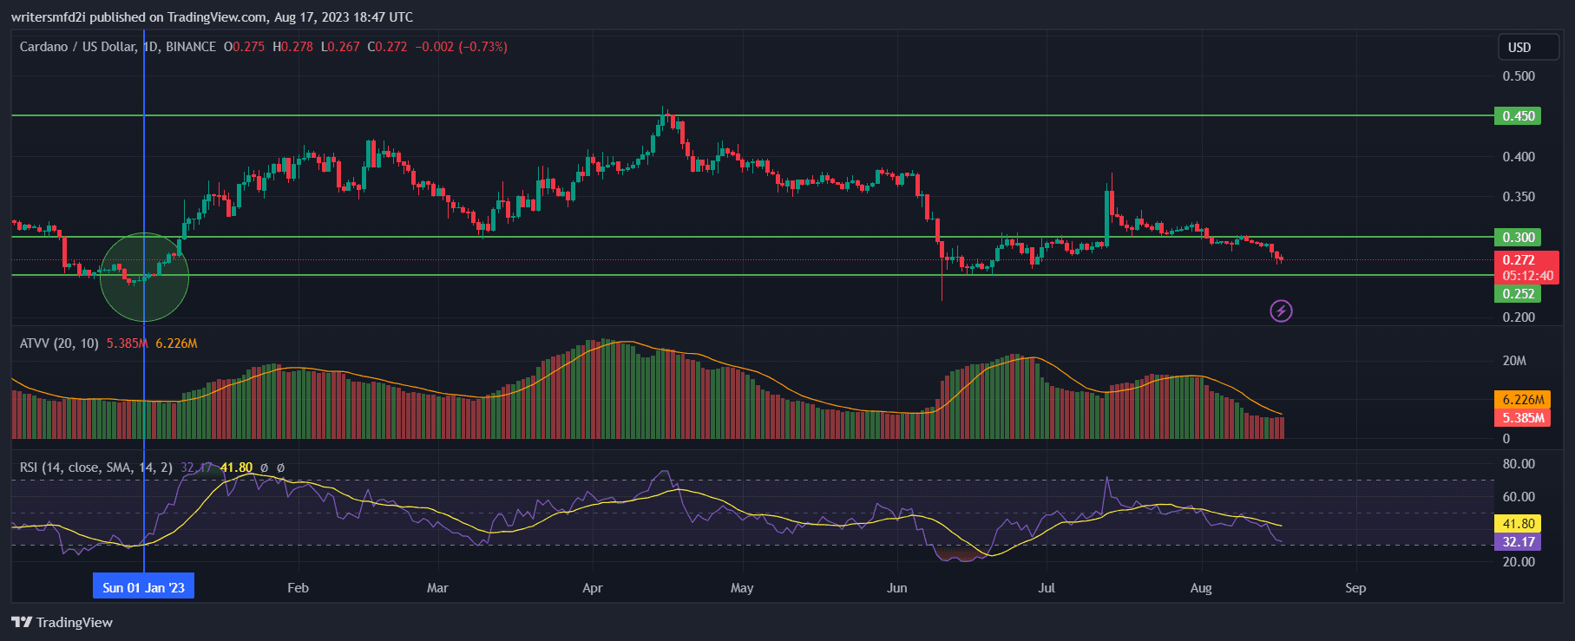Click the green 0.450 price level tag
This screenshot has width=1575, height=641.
pyautogui.click(x=1517, y=116)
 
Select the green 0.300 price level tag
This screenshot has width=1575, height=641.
pyautogui.click(x=1517, y=238)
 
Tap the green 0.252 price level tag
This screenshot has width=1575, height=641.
pyautogui.click(x=1517, y=294)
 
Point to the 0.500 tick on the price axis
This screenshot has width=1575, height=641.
pyautogui.click(x=1519, y=76)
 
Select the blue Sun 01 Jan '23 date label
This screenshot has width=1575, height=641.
pyautogui.click(x=144, y=588)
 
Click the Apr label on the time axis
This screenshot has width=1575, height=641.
pyautogui.click(x=592, y=588)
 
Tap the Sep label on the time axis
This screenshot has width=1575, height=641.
pyautogui.click(x=1355, y=588)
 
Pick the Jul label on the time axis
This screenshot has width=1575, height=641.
pyautogui.click(x=1047, y=588)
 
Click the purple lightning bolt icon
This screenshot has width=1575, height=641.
pyautogui.click(x=1281, y=311)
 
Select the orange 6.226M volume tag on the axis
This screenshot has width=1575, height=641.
pyautogui.click(x=1523, y=400)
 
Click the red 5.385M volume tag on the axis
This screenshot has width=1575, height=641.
pyautogui.click(x=1523, y=418)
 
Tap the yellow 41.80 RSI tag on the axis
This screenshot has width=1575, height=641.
pyautogui.click(x=1519, y=524)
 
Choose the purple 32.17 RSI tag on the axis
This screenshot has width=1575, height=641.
pyautogui.click(x=1519, y=542)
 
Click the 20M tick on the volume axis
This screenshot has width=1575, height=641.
pyautogui.click(x=1514, y=361)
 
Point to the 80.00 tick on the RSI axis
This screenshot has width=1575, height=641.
pyautogui.click(x=1519, y=464)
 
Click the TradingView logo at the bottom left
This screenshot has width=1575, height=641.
pyautogui.click(x=62, y=623)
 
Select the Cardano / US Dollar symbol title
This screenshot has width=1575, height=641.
pyautogui.click(x=77, y=47)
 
